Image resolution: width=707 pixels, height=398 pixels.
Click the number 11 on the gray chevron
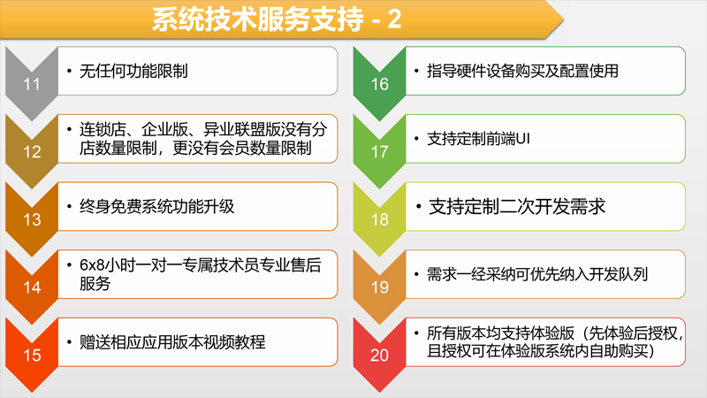[x=32, y=84]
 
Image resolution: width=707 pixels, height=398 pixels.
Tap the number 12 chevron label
[x=32, y=151]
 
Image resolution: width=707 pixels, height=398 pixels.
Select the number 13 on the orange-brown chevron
[x=32, y=219]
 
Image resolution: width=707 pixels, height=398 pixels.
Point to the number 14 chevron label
[x=32, y=287]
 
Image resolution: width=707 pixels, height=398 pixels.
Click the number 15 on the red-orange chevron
[x=32, y=356]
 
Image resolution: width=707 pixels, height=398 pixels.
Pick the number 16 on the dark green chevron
[x=380, y=84]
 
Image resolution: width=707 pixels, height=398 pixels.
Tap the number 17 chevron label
[x=380, y=151]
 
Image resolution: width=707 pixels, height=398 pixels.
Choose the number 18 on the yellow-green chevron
[x=380, y=219]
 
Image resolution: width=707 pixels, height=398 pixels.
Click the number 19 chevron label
[x=380, y=287]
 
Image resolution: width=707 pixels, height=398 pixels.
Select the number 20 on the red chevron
[x=380, y=356]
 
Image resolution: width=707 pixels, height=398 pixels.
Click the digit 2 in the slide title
[x=394, y=19]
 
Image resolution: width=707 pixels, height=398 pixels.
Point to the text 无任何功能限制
[x=133, y=71]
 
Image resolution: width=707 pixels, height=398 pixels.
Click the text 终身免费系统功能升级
[x=157, y=206]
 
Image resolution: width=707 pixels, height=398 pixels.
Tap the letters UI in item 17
[x=522, y=139]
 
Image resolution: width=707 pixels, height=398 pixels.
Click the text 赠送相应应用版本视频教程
[x=172, y=341]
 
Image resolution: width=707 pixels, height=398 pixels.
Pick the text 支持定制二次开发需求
[x=517, y=206]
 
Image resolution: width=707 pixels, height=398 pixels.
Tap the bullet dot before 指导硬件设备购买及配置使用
[x=416, y=71]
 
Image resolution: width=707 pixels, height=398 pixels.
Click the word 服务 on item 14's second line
[x=95, y=283]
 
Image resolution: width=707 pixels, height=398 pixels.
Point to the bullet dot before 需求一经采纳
[x=416, y=274]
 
